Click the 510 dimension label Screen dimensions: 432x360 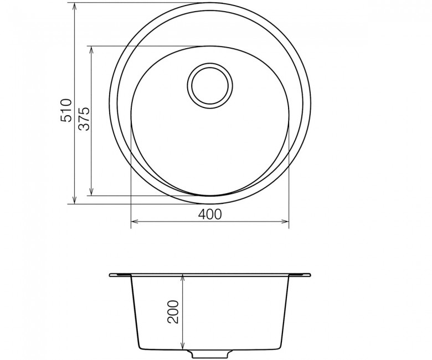(x=66, y=110)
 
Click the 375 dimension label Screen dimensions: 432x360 (x=84, y=119)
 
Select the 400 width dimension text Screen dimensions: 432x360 (x=210, y=214)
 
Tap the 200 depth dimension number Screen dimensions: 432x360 (x=173, y=311)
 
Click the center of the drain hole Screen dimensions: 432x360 (x=210, y=85)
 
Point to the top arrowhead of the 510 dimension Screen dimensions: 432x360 (x=74, y=6)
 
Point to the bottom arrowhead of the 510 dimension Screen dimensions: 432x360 (x=74, y=200)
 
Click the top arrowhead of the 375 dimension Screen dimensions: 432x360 (x=91, y=49)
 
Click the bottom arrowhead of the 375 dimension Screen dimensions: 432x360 (x=91, y=192)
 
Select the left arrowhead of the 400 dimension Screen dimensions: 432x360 (x=134, y=221)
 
